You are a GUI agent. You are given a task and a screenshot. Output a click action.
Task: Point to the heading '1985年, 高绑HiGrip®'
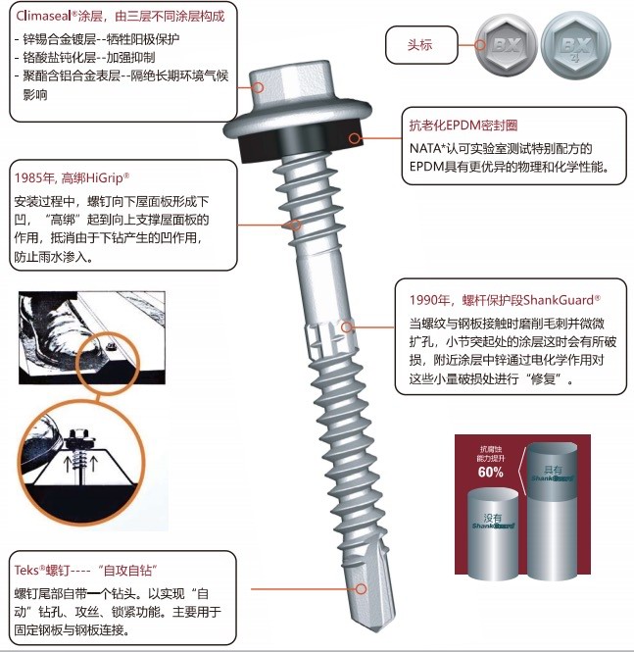73,178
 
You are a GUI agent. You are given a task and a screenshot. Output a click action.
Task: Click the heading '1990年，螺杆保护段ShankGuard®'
505,299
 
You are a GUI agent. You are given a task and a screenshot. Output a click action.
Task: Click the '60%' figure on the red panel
491,472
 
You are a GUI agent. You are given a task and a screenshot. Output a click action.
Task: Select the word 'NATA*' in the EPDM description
428,149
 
